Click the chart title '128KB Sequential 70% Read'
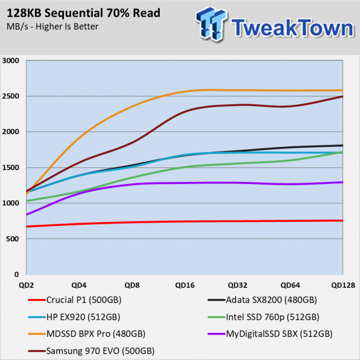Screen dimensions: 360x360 [84, 13]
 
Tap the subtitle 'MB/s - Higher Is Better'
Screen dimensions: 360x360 [52, 27]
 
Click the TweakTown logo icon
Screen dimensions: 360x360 [211, 24]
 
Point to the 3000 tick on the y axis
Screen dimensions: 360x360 [10, 60]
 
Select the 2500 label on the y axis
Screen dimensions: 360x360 [10, 96]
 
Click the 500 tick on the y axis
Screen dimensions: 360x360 [12, 239]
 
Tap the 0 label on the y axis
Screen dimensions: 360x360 [16, 275]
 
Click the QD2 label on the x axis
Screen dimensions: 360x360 [26, 285]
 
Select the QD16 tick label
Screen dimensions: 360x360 [185, 285]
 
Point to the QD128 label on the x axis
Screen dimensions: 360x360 [343, 285]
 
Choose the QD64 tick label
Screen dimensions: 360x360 [290, 285]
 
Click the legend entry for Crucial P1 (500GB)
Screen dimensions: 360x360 [75, 300]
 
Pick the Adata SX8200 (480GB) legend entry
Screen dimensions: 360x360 [262, 300]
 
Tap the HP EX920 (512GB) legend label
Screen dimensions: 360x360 [74, 317]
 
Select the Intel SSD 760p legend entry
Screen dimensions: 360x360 [264, 317]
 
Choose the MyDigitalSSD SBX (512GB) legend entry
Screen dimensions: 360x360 [270, 334]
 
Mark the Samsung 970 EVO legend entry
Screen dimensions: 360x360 [91, 351]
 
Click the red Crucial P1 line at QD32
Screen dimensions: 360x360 [237, 221]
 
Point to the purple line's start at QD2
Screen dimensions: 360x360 [27, 215]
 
